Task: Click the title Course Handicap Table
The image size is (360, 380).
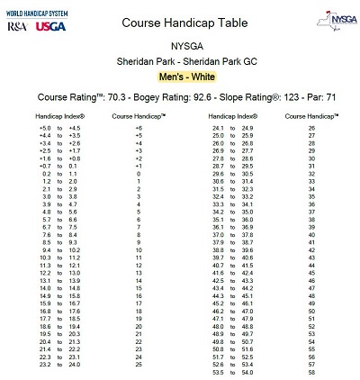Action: [179, 20]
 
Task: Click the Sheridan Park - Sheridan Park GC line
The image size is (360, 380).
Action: [181, 60]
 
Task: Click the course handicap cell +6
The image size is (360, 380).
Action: [139, 129]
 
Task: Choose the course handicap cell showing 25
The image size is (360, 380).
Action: [139, 364]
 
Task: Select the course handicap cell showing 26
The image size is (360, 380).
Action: [311, 129]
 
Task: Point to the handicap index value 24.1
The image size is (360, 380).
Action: [218, 129]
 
